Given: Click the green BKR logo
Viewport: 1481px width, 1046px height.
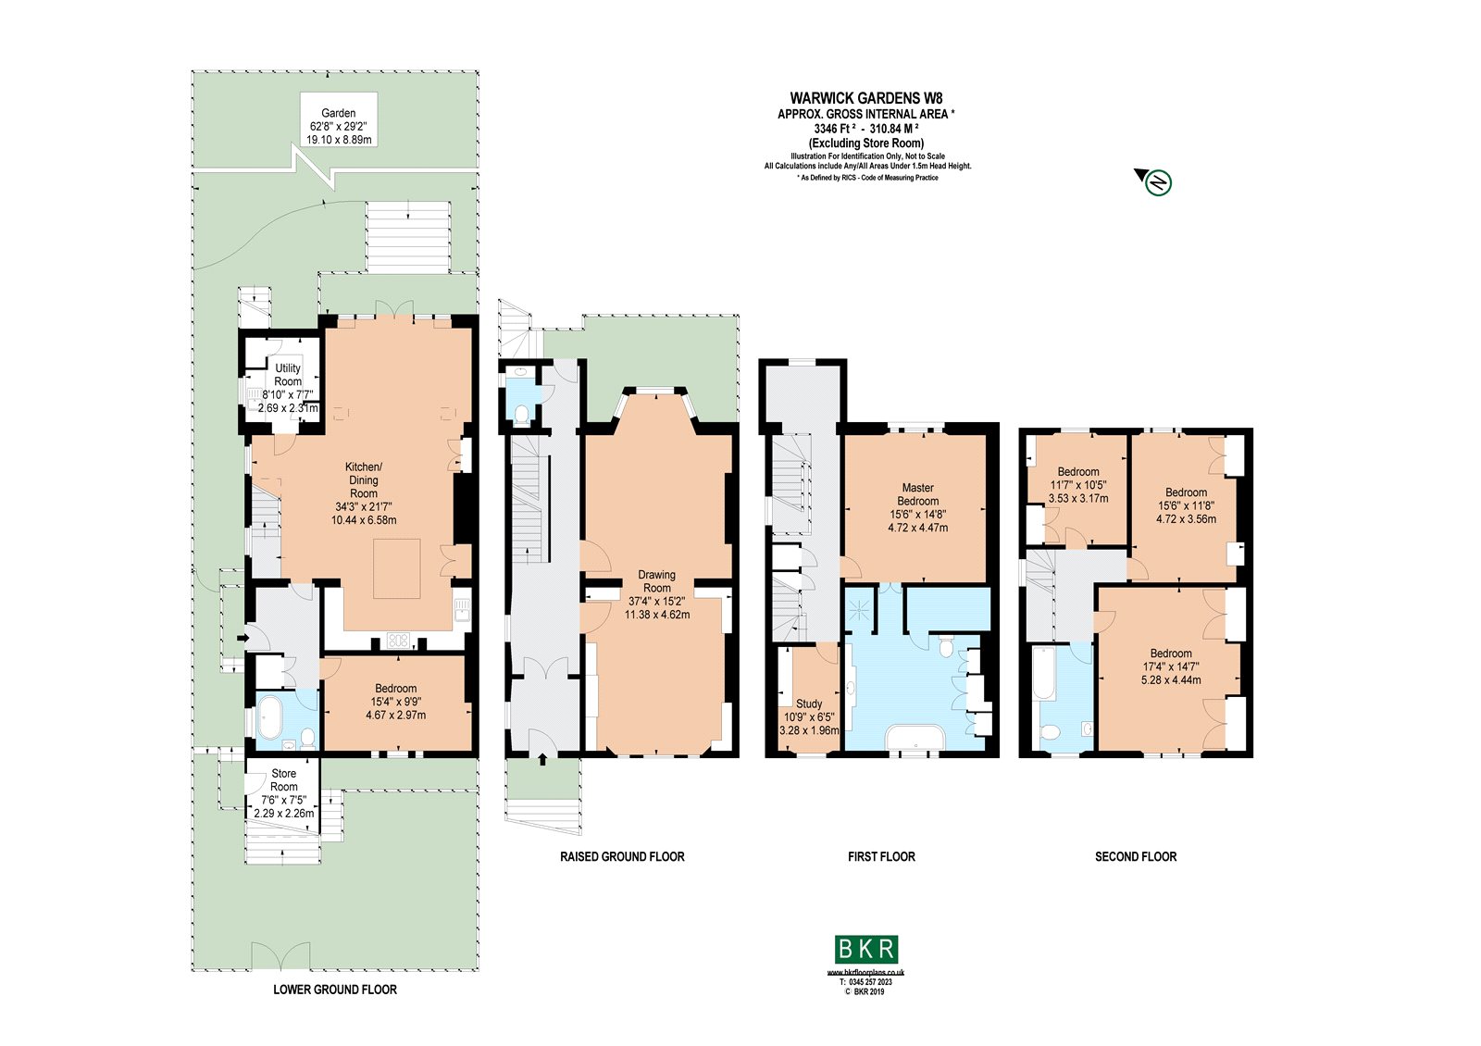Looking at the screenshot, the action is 866,949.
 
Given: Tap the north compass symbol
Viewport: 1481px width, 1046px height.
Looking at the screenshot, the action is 1158,182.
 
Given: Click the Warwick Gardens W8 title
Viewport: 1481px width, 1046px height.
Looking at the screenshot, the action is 866,98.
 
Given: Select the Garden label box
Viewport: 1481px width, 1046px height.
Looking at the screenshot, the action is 339,126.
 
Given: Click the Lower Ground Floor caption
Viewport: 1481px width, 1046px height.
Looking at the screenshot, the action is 335,990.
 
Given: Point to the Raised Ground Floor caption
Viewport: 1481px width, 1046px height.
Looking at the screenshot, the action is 622,857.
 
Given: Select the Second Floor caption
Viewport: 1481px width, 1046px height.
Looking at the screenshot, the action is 1136,857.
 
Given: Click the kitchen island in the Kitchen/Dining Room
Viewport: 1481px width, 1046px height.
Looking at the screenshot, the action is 397,568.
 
